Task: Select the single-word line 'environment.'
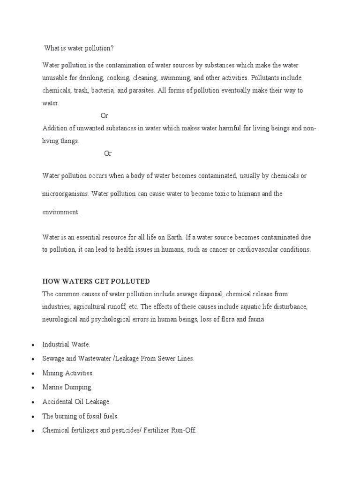tap(61, 212)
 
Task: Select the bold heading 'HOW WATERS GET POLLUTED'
tap(96, 281)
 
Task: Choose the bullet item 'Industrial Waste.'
tap(66, 345)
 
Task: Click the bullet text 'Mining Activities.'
tap(68, 373)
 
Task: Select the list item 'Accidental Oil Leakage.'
tap(76, 402)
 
